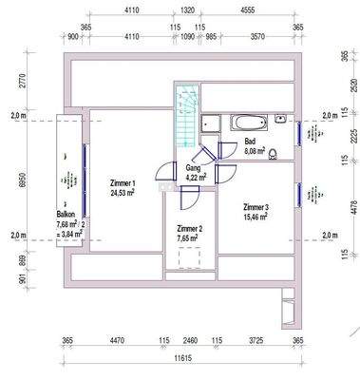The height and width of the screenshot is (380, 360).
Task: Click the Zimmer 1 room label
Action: click(123, 183)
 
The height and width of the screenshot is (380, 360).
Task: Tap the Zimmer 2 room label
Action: click(190, 229)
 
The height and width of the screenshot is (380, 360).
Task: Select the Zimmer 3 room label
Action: click(256, 207)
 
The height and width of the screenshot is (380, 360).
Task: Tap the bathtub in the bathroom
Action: click(248, 123)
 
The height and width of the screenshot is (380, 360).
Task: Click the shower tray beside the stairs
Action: click(211, 124)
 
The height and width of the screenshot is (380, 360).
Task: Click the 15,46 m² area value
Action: click(255, 218)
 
